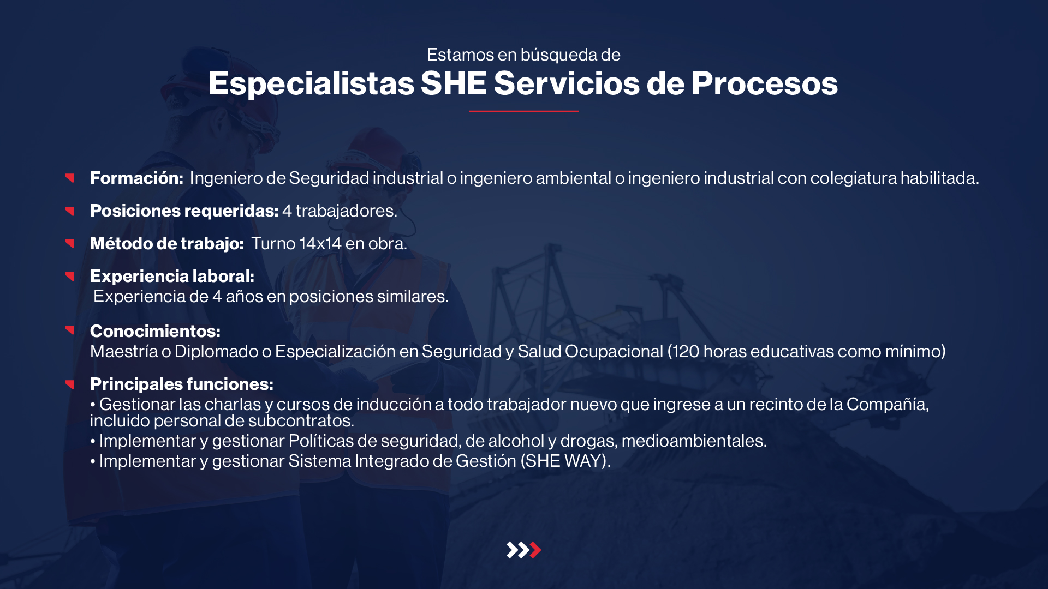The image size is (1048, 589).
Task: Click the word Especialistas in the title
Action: pos(312,84)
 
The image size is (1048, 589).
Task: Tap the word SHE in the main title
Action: pos(454,83)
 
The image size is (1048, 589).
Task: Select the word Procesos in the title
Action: pos(764,83)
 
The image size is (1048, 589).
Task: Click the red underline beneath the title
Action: pos(524,111)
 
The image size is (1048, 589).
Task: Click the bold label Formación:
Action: pos(136,178)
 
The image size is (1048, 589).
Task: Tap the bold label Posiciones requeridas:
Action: pos(184,211)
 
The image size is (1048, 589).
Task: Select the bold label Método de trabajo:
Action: pos(167,243)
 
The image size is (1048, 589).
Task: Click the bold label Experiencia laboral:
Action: pos(172,277)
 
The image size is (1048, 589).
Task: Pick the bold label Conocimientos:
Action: pos(155,331)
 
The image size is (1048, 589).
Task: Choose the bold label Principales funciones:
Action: pos(182,384)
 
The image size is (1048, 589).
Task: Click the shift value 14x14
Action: pos(320,243)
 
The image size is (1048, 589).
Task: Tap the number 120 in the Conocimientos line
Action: pos(686,351)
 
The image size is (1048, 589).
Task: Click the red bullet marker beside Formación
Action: pos(70,177)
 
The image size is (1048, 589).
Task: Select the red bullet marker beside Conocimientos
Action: pos(70,329)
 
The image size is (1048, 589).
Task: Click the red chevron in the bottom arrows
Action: pos(536,550)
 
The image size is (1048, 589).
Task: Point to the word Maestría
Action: pos(124,351)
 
